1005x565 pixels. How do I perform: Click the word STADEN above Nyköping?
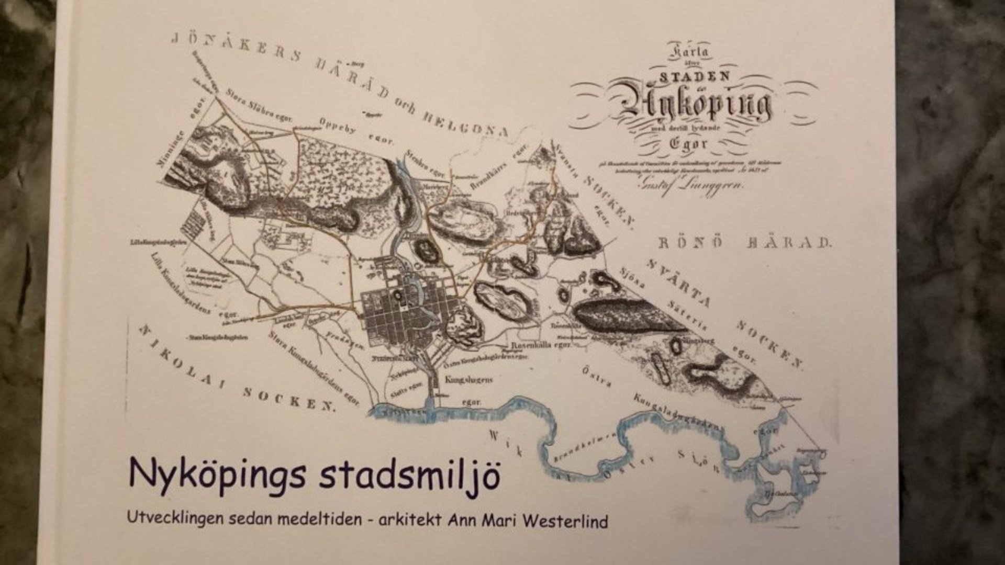[x=695, y=76]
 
